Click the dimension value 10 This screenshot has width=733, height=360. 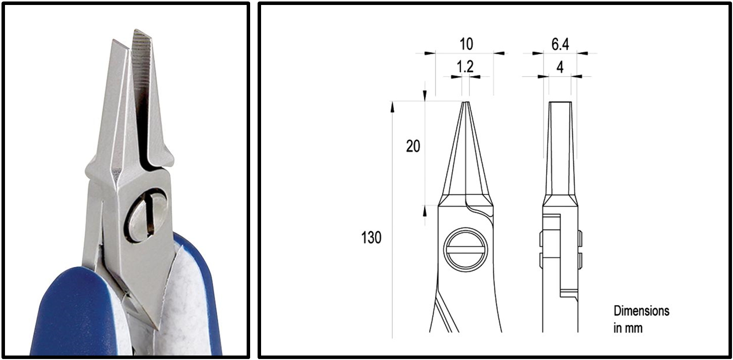[466, 44]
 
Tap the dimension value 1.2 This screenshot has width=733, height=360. [465, 67]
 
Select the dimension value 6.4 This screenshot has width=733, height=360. [560, 44]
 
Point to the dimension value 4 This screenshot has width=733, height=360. [560, 67]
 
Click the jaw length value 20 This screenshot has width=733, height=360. [413, 146]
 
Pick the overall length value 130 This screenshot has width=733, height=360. [371, 238]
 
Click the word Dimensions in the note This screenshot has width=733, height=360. [641, 311]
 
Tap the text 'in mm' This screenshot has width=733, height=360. [628, 328]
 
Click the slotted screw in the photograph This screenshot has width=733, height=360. [147, 215]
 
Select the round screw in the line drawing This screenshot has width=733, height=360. [465, 250]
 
